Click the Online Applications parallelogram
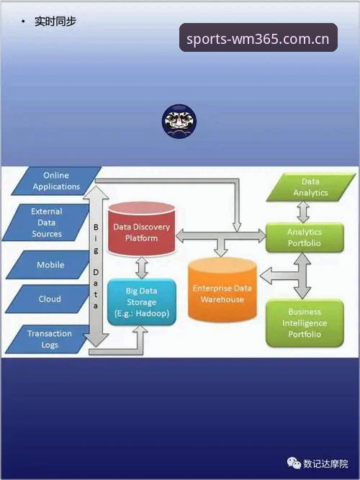click(x=56, y=181)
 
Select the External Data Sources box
click(x=46, y=222)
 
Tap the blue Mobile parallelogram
click(x=49, y=265)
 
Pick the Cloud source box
click(x=48, y=299)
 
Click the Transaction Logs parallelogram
click(x=48, y=339)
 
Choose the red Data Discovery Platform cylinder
click(x=142, y=229)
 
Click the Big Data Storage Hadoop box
click(x=142, y=302)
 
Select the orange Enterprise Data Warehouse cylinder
click(x=222, y=290)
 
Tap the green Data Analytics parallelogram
click(x=310, y=187)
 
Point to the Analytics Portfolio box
click(x=305, y=237)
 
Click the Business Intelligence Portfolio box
click(x=305, y=323)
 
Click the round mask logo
click(x=179, y=121)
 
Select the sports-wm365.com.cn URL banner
click(x=258, y=37)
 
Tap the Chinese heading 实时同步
click(x=55, y=21)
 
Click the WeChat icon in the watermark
click(x=294, y=463)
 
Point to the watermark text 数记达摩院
click(x=325, y=463)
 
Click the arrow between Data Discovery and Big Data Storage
click(x=142, y=268)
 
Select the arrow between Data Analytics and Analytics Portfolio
click(x=303, y=212)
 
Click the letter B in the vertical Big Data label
click(x=96, y=227)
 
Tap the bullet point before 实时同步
click(x=22, y=21)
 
